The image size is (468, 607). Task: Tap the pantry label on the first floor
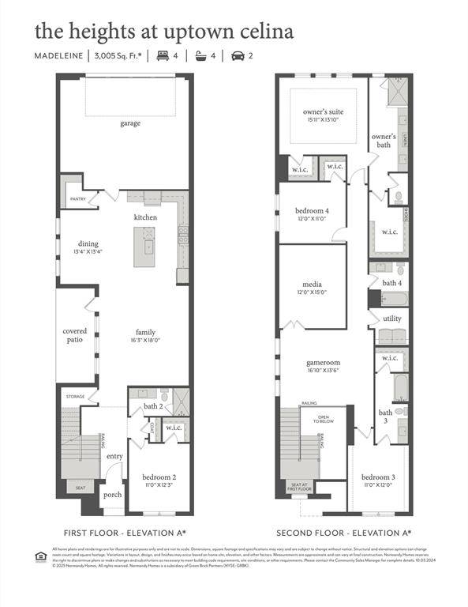(x=77, y=199)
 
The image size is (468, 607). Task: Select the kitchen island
(x=144, y=246)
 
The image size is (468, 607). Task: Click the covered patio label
(x=75, y=336)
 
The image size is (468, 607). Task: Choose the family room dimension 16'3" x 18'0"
(x=145, y=341)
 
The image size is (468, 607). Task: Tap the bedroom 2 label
(x=159, y=477)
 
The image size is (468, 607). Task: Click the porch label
(x=112, y=495)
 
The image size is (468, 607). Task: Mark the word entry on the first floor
(x=114, y=456)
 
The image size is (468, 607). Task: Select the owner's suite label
(x=323, y=111)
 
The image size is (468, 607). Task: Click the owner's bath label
(x=384, y=141)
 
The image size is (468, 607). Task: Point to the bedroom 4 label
(x=312, y=210)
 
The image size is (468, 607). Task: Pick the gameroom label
(x=323, y=363)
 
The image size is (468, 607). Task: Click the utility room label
(x=392, y=319)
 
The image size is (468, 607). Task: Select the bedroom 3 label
(x=377, y=477)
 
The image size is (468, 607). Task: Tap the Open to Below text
(x=324, y=419)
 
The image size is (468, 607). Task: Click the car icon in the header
(x=236, y=55)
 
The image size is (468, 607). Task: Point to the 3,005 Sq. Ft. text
(x=118, y=55)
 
